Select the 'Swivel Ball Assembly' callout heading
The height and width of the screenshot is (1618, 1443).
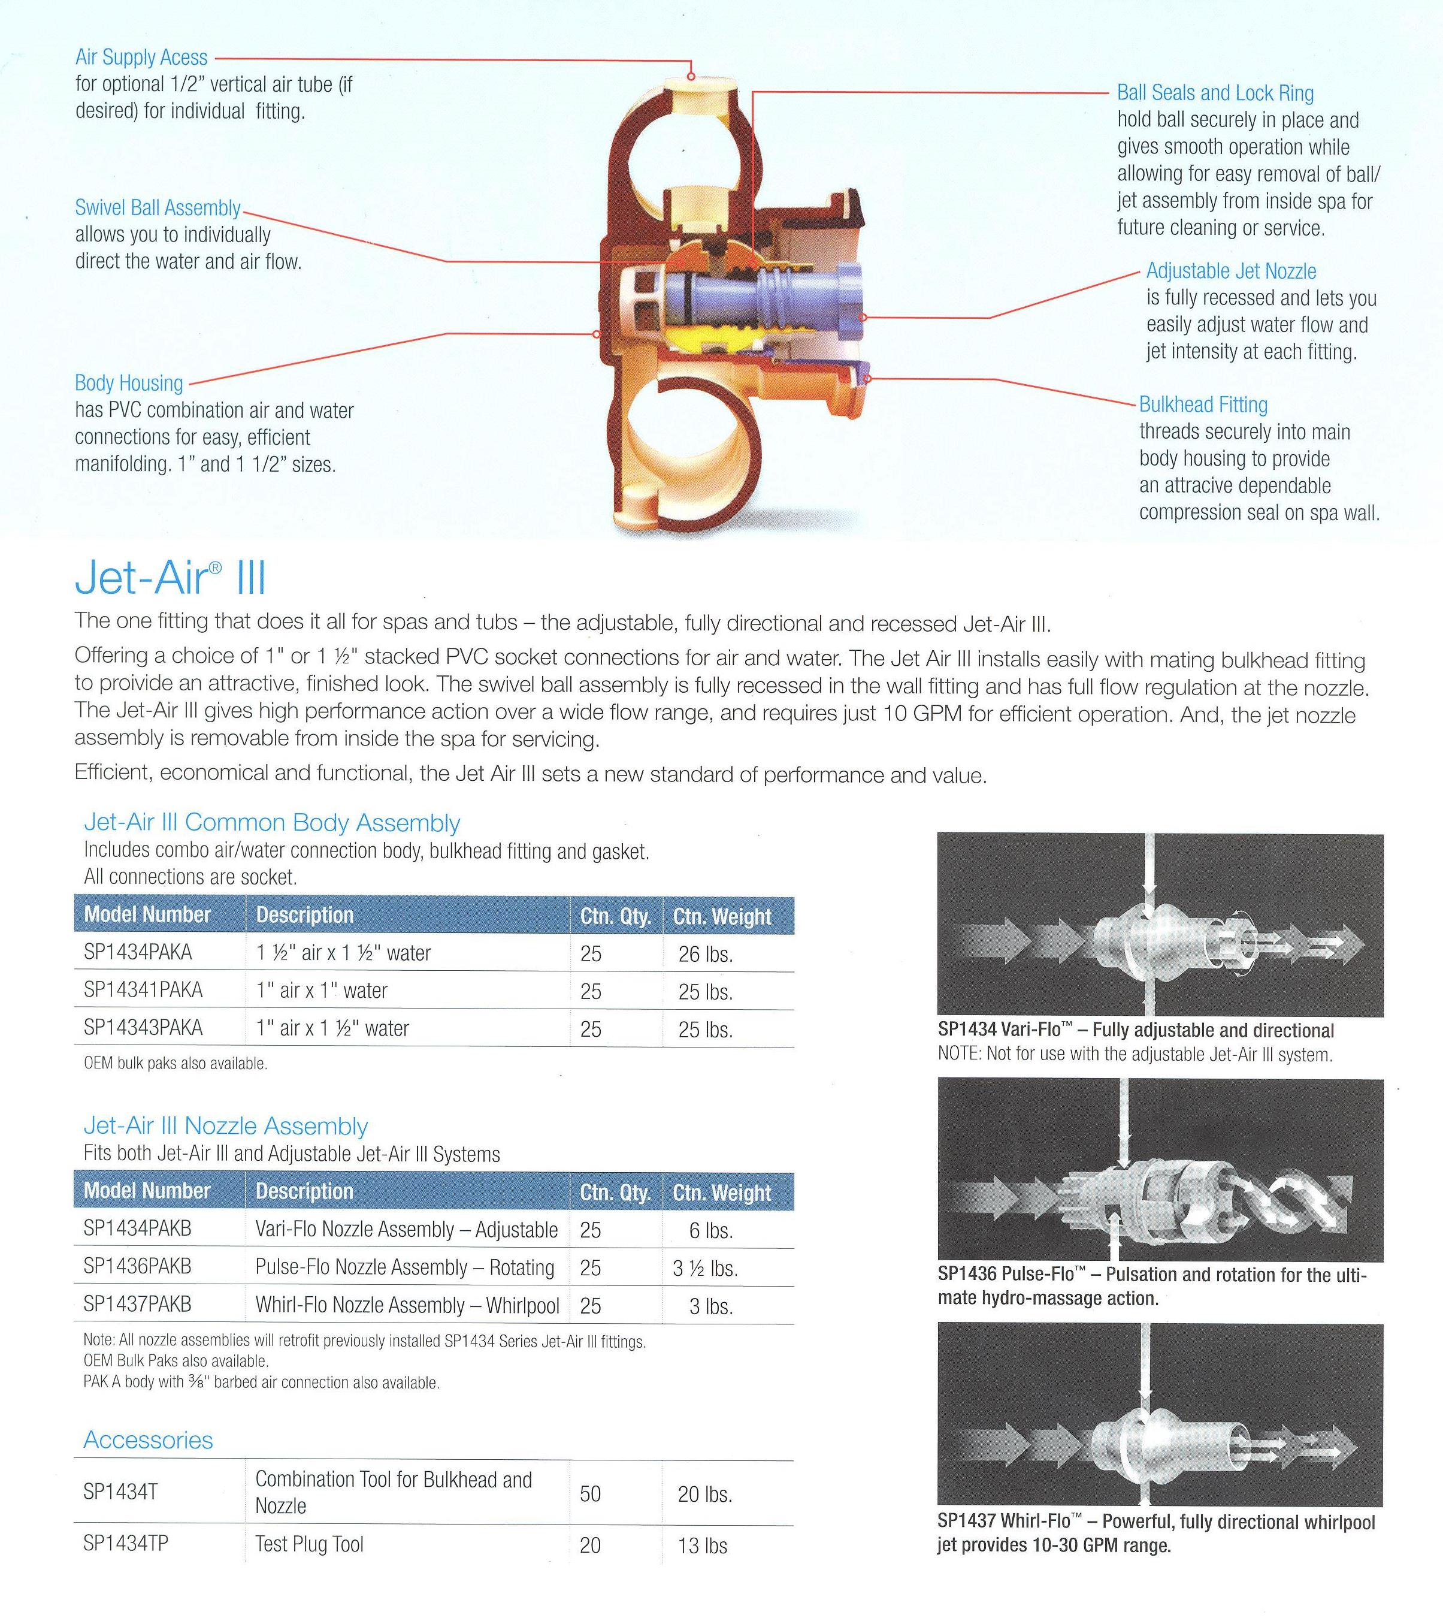(x=158, y=208)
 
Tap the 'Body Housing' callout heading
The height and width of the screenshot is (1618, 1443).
(x=128, y=383)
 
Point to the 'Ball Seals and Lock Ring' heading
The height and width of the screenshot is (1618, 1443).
(x=1215, y=93)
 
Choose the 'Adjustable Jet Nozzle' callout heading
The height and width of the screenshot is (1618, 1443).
(x=1230, y=271)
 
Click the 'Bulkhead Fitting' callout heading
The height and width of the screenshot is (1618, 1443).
(x=1203, y=404)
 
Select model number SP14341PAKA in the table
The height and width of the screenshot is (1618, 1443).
(x=143, y=991)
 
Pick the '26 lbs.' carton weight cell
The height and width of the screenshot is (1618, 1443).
(x=705, y=954)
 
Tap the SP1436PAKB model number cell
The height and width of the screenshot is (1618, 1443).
(x=137, y=1267)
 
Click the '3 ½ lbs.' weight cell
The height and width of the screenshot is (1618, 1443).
(x=705, y=1268)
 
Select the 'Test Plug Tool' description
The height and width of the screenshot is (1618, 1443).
(x=309, y=1544)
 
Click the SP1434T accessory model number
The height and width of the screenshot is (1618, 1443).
(x=120, y=1492)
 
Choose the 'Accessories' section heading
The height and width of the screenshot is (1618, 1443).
(x=149, y=1439)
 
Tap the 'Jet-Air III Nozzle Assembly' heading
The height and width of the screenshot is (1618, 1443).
(x=226, y=1125)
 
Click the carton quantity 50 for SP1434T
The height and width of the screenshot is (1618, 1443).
(x=590, y=1493)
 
